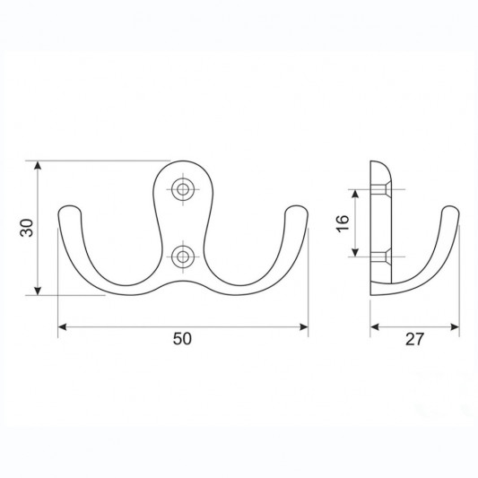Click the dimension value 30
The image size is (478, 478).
point(27,228)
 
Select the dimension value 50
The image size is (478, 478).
point(182,339)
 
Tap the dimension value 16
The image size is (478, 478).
point(343,223)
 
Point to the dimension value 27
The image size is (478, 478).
point(414,339)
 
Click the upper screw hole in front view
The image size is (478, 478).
point(183,189)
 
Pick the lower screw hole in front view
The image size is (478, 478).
point(183,256)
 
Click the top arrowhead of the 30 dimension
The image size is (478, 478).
point(38,165)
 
